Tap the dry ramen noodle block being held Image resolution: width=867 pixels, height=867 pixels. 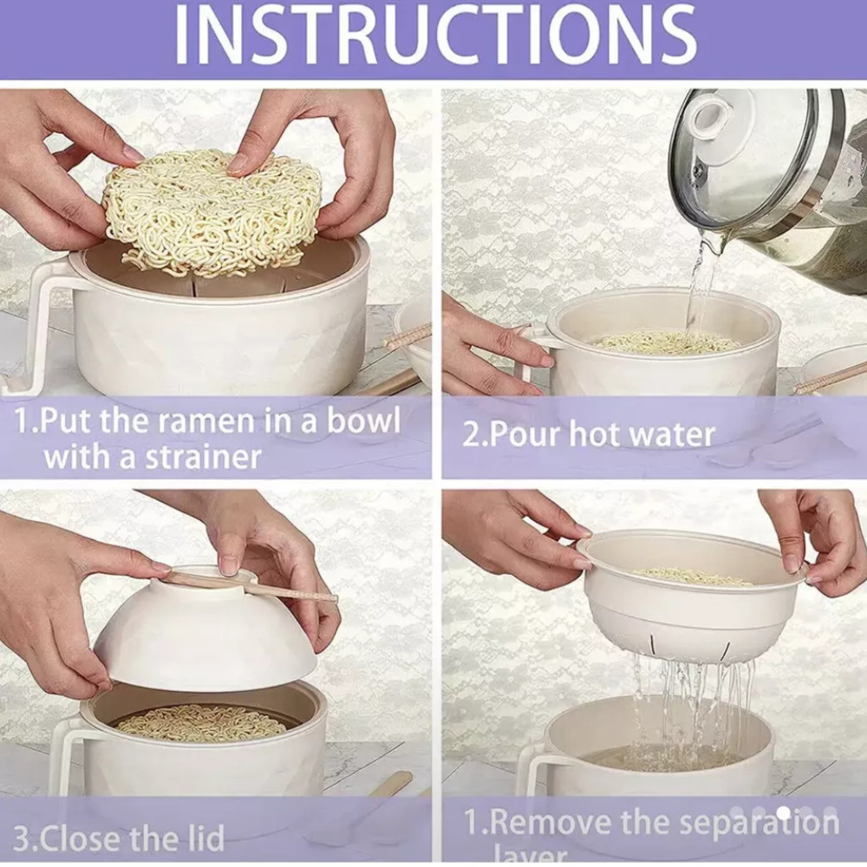(212, 208)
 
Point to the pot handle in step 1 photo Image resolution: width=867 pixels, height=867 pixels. (35, 321)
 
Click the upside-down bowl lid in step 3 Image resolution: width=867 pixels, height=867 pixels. (204, 637)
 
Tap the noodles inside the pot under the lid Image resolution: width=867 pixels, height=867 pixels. (204, 721)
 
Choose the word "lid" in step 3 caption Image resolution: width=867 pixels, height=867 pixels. (205, 838)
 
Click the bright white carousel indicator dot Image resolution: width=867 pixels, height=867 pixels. (783, 812)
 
